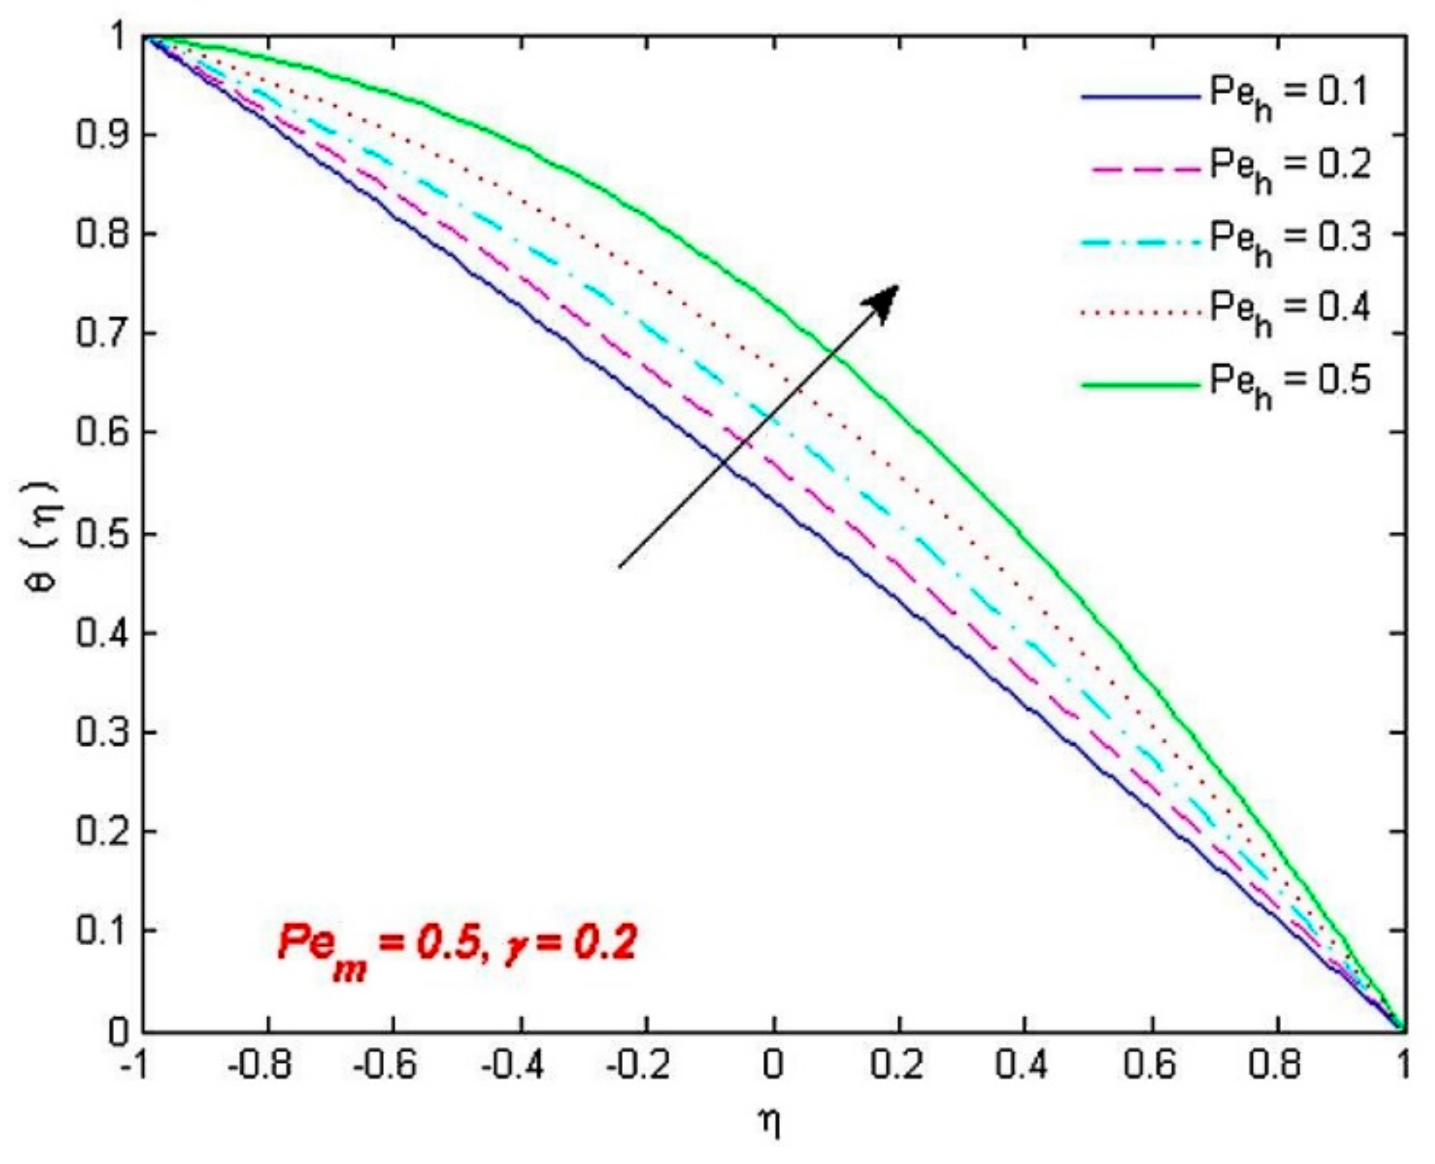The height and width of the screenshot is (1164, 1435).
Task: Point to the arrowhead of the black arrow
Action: (x=891, y=293)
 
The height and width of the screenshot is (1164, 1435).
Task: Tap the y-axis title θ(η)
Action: (x=48, y=534)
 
